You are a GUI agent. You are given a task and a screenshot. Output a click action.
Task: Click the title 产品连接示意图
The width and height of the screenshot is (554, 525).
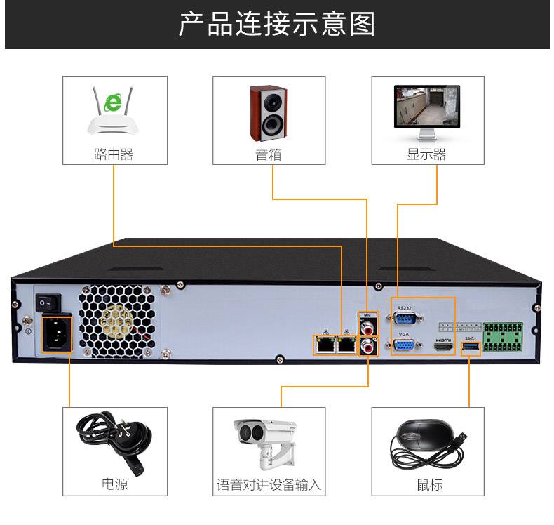(x=276, y=24)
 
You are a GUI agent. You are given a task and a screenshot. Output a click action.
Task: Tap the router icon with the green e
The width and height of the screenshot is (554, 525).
(x=113, y=112)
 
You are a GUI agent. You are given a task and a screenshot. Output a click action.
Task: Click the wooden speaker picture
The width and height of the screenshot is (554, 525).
(x=268, y=112)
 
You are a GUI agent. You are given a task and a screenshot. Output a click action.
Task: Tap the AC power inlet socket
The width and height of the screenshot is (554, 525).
(x=55, y=333)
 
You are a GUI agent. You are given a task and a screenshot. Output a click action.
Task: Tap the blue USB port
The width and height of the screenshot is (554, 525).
(x=471, y=347)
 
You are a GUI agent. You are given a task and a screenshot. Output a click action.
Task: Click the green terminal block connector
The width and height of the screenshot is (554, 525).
(x=504, y=338)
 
